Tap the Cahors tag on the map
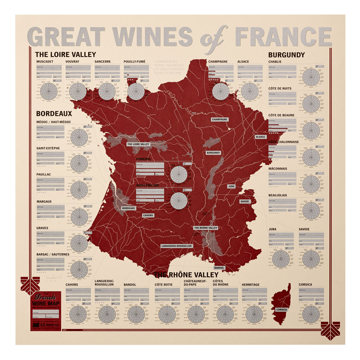pyautogui.click(x=148, y=215)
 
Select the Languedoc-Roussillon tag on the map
pyautogui.click(x=177, y=246)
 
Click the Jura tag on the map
pyautogui.click(x=231, y=187)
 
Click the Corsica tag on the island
pyautogui.click(x=281, y=309)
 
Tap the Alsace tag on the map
pyautogui.click(x=260, y=137)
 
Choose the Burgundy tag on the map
pyautogui.click(x=213, y=153)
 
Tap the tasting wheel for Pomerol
pyautogui.click(x=179, y=174)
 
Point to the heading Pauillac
pyautogui.click(x=44, y=174)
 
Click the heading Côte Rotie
pyautogui.click(x=164, y=285)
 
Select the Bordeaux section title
pyautogui.click(x=54, y=114)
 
